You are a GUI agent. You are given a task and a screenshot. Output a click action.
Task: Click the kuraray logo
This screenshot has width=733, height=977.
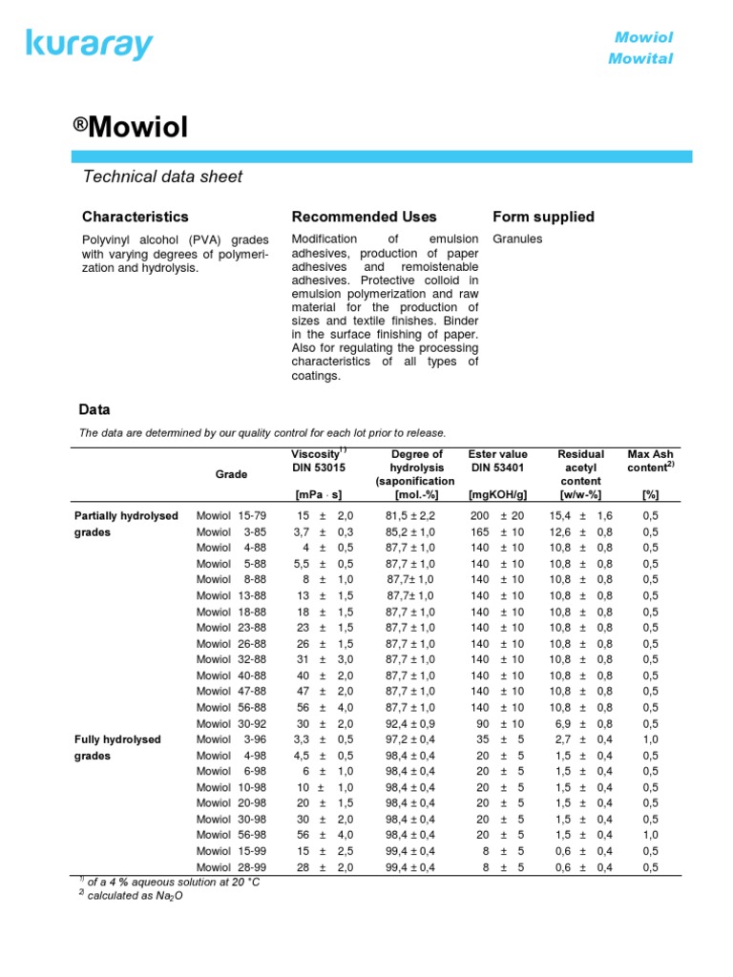tap(90, 43)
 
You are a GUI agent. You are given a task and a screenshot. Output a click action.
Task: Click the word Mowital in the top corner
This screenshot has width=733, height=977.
tap(640, 59)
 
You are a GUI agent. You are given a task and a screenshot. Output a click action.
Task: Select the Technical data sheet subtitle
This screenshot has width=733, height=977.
tap(162, 177)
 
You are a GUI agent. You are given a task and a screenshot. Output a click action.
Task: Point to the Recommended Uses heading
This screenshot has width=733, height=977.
tap(364, 217)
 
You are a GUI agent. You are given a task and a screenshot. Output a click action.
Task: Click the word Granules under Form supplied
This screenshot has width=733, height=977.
tap(517, 239)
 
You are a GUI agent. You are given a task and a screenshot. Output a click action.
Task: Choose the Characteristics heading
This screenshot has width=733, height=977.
tap(135, 217)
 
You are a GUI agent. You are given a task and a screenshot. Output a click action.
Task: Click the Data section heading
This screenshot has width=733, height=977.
tap(94, 409)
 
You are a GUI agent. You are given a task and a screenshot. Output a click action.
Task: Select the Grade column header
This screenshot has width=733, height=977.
tap(231, 474)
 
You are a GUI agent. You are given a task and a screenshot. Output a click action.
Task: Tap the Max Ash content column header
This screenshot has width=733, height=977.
tap(650, 460)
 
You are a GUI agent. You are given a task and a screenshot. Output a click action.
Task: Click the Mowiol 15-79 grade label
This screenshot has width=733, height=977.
tap(231, 516)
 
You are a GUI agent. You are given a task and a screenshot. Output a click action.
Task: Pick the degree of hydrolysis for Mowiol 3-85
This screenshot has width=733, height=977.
tap(410, 532)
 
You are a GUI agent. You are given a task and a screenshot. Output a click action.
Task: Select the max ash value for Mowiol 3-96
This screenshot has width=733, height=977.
tap(650, 739)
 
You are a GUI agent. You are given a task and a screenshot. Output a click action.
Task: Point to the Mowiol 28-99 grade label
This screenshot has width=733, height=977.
tap(231, 866)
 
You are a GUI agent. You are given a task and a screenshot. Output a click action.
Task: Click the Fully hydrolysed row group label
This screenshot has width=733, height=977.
tap(117, 739)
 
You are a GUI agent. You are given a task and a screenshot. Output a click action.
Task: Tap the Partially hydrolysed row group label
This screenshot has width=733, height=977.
tap(126, 516)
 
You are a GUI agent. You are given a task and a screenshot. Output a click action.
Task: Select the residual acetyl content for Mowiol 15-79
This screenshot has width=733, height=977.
tap(580, 516)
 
